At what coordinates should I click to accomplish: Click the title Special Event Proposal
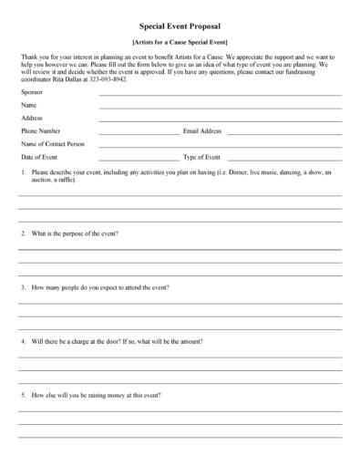pyautogui.click(x=180, y=28)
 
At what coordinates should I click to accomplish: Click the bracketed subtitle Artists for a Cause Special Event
pyautogui.click(x=180, y=43)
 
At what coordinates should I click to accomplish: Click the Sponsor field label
pyautogui.click(x=32, y=94)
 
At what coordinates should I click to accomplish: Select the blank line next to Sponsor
pyautogui.click(x=220, y=96)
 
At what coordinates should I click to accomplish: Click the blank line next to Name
pyautogui.click(x=220, y=109)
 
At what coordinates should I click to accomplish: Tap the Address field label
pyautogui.click(x=32, y=119)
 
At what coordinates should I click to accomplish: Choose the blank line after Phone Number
pyautogui.click(x=139, y=133)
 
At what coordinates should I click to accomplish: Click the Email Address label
pyautogui.click(x=202, y=131)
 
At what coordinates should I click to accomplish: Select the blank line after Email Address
pyautogui.click(x=284, y=133)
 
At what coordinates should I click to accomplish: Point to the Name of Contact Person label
pyautogui.click(x=52, y=144)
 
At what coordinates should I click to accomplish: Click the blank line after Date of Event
pyautogui.click(x=139, y=159)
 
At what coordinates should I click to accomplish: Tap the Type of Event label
pyautogui.click(x=201, y=157)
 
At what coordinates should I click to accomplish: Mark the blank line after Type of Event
pyautogui.click(x=284, y=159)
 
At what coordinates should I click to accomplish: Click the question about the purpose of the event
pyautogui.click(x=75, y=233)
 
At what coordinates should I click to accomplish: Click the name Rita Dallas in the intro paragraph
pyautogui.click(x=59, y=79)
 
